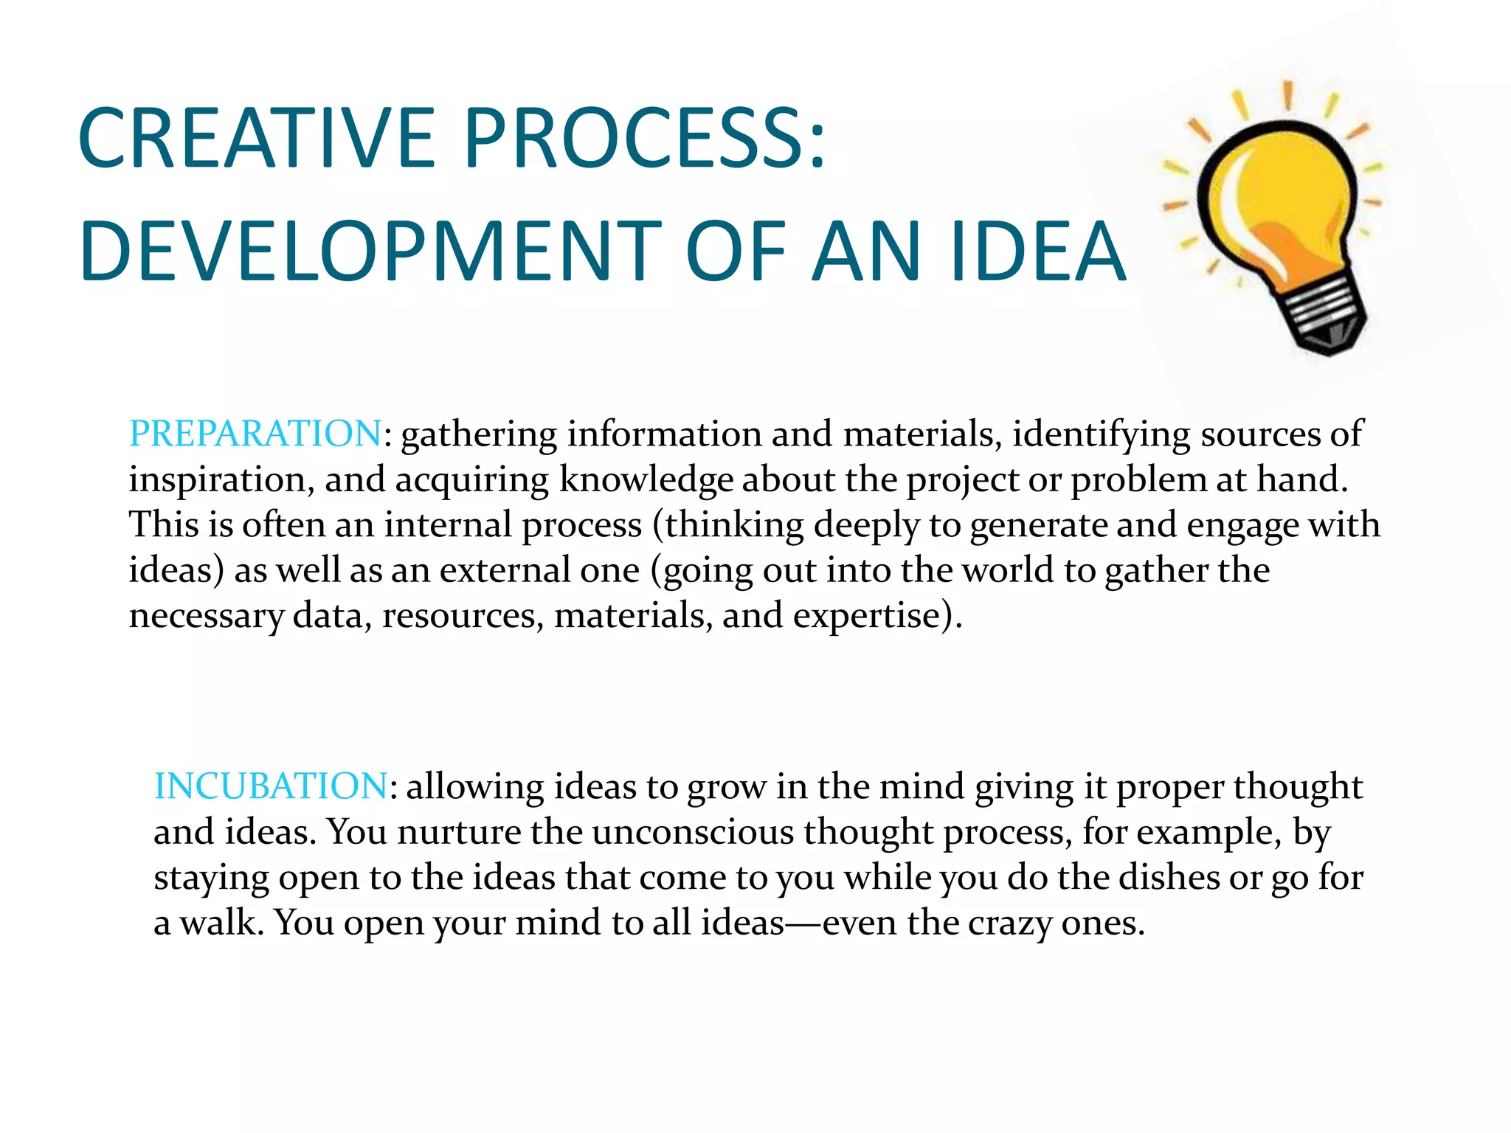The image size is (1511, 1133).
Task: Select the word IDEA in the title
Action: (1037, 252)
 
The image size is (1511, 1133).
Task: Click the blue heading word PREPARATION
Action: (255, 433)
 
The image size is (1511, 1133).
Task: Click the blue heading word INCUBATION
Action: (270, 786)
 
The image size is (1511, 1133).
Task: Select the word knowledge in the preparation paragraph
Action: (646, 479)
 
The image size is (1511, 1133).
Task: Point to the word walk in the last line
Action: (221, 923)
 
